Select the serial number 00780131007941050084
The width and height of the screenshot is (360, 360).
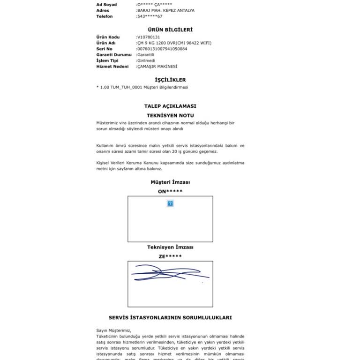(x=162, y=49)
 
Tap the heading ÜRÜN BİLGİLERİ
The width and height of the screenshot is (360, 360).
(x=170, y=30)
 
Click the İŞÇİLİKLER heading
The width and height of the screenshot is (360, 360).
(x=170, y=80)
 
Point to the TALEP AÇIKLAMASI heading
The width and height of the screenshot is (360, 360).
(x=170, y=106)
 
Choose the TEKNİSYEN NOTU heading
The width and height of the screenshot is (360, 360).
(x=170, y=115)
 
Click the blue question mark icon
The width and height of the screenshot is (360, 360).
(x=170, y=203)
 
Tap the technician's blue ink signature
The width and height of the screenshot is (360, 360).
(x=169, y=273)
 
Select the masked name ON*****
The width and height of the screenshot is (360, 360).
(x=170, y=191)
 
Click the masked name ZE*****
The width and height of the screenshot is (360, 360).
(x=170, y=256)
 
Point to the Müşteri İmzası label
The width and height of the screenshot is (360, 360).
(x=170, y=182)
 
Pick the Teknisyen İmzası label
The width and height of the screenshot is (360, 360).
(x=170, y=247)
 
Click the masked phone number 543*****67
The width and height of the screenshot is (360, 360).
(x=150, y=16)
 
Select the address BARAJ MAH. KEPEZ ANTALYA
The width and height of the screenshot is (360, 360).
(x=165, y=10)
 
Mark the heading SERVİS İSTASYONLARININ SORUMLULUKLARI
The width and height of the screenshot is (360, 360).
(x=170, y=317)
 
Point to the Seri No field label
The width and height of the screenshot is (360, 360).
(x=105, y=49)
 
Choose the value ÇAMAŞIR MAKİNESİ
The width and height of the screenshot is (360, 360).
(x=157, y=67)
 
